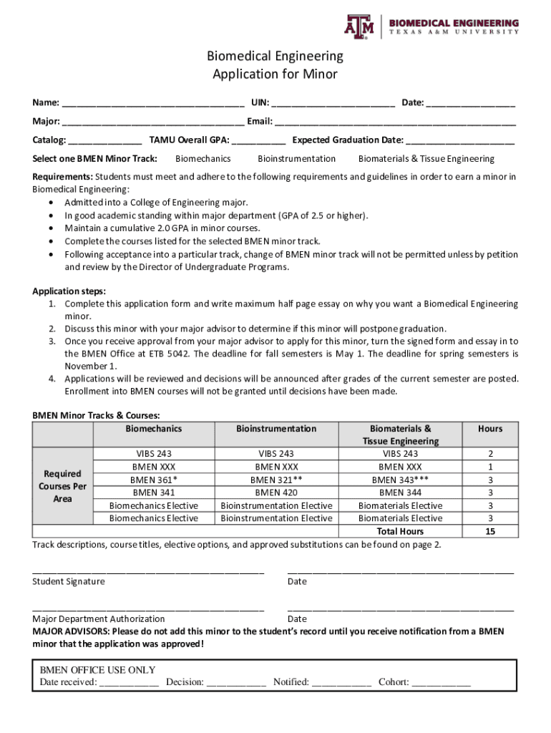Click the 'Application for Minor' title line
[x=275, y=74]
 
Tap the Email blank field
[x=395, y=121]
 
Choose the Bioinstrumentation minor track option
[x=296, y=159]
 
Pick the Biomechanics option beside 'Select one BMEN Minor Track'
[x=203, y=159]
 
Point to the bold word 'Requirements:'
[x=63, y=177]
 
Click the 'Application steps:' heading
[x=69, y=291]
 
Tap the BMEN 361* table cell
[x=154, y=480]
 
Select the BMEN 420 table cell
[x=276, y=492]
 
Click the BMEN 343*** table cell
[x=401, y=480]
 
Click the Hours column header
[x=490, y=429]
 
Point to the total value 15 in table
[x=490, y=531]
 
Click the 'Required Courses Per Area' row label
[x=63, y=486]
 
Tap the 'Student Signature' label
[x=69, y=581]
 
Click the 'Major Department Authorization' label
[x=99, y=618]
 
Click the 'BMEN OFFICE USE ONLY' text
[x=97, y=670]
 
